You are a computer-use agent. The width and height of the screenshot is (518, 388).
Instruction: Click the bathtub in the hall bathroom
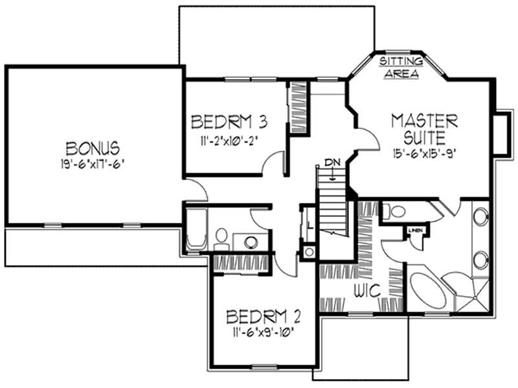(195, 230)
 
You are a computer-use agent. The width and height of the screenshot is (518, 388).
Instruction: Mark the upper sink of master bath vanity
(480, 217)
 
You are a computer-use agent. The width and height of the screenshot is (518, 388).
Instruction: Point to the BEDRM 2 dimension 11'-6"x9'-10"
(264, 334)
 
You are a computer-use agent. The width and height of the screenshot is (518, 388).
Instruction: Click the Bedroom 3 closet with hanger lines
(297, 107)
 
